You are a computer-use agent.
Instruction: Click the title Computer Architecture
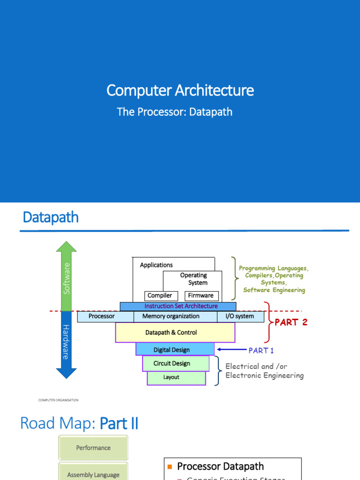pyautogui.click(x=180, y=90)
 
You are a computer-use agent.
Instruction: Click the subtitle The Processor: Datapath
pyautogui.click(x=174, y=112)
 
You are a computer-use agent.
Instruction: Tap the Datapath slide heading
pyautogui.click(x=51, y=217)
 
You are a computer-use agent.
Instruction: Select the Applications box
pyautogui.click(x=156, y=265)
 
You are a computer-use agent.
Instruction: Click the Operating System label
pyautogui.click(x=194, y=279)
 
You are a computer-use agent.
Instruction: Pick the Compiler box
pyautogui.click(x=160, y=296)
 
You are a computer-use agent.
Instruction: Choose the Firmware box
pyautogui.click(x=201, y=296)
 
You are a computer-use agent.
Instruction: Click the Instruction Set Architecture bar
pyautogui.click(x=180, y=306)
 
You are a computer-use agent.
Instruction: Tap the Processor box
pyautogui.click(x=102, y=316)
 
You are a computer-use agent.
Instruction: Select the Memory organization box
pyautogui.click(x=171, y=316)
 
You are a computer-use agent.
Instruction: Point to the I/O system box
pyautogui.click(x=236, y=316)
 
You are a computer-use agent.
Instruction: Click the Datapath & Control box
pyautogui.click(x=171, y=332)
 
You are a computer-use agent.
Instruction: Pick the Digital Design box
pyautogui.click(x=172, y=350)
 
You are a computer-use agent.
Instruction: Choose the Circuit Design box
pyautogui.click(x=172, y=363)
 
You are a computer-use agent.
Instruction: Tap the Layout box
pyautogui.click(x=171, y=377)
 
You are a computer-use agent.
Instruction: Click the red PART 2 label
pyautogui.click(x=291, y=322)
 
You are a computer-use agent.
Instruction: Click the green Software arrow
pyautogui.click(x=67, y=277)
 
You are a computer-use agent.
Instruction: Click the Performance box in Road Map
pyautogui.click(x=93, y=448)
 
